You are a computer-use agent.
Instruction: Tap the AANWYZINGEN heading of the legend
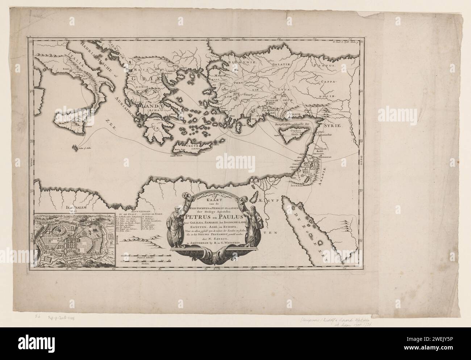[143, 211]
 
